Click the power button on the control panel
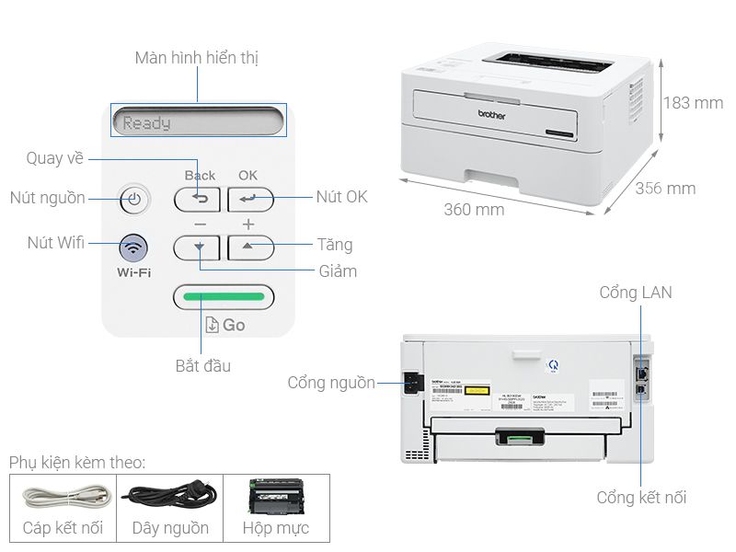coord(134,199)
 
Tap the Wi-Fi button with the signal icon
coord(134,247)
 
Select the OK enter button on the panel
coord(249,198)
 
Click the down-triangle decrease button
coord(198,247)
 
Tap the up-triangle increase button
coord(250,247)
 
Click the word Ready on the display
coord(147,122)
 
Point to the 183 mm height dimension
coord(693,103)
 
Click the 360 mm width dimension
coord(474,210)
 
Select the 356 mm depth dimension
coord(665,189)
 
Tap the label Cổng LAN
coord(636,293)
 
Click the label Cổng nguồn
coord(331,383)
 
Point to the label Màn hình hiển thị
coord(197,58)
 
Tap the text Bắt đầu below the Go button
coord(203,366)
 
